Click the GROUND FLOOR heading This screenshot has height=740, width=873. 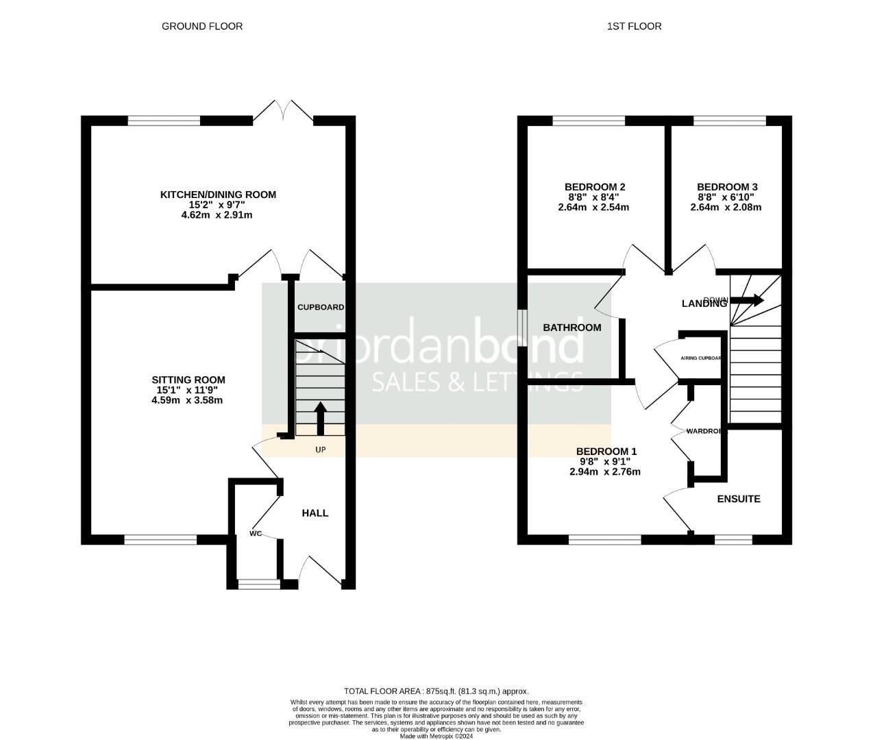point(202,26)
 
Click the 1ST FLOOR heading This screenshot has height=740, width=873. point(634,26)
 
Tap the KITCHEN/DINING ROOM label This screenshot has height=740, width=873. point(218,195)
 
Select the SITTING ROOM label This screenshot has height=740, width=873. point(188,380)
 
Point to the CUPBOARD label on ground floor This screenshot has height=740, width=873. point(320,308)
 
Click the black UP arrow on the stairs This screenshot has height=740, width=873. point(320,417)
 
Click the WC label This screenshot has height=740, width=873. point(256,533)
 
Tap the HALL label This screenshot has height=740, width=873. point(315,513)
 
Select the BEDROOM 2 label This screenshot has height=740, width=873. point(595,186)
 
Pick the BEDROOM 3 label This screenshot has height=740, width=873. point(727,186)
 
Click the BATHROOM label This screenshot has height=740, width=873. point(572,328)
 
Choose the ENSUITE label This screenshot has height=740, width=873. point(739,499)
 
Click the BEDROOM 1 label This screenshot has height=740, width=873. point(606,451)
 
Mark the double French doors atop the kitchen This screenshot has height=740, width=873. point(284,113)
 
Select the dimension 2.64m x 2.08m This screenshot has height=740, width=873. point(726,207)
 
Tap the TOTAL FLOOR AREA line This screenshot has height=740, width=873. point(436,691)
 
